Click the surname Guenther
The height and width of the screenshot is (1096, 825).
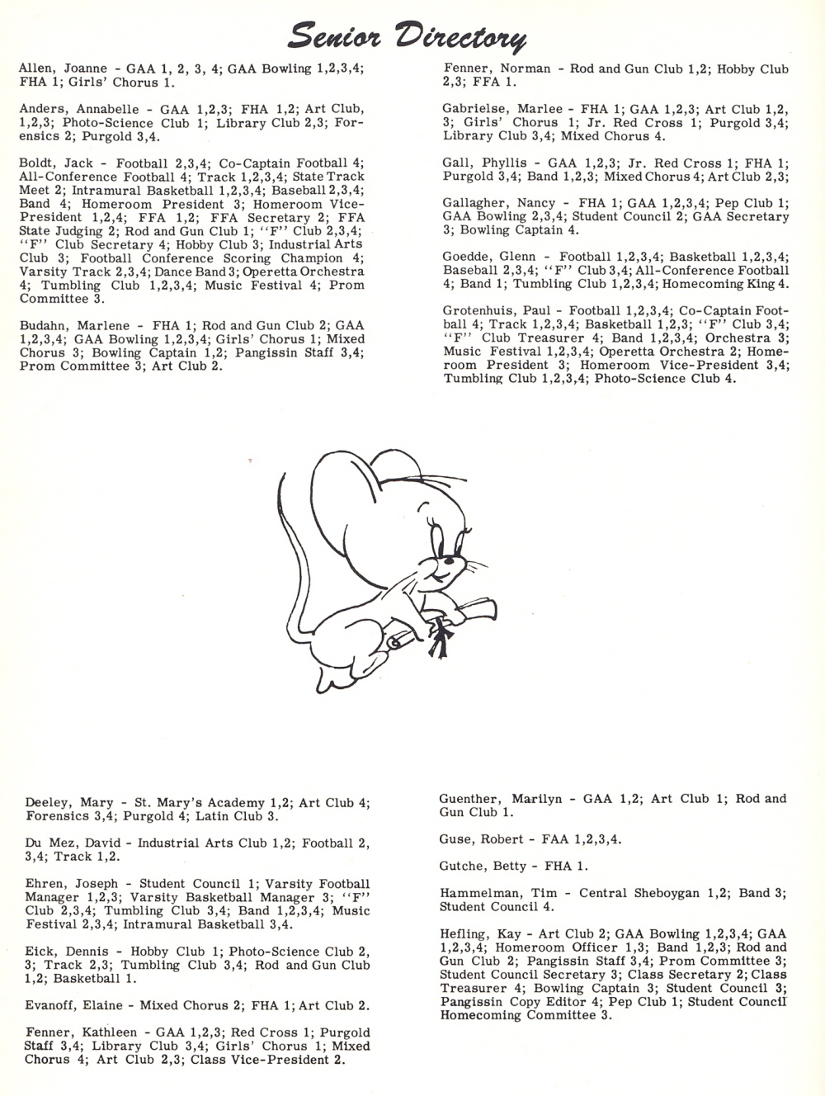click(470, 799)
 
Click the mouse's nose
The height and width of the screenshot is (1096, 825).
click(423, 567)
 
